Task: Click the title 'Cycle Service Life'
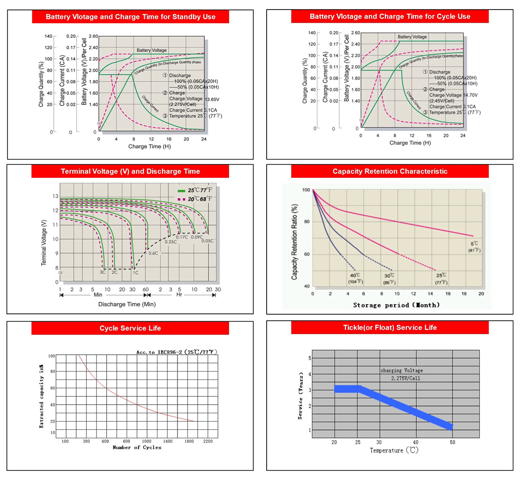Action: tap(130, 328)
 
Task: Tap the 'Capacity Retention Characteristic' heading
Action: tap(390, 171)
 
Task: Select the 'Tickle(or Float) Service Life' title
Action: tap(390, 327)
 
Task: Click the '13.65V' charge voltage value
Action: tap(212, 99)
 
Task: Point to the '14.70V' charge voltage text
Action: tap(470, 95)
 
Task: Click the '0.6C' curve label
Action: tap(153, 253)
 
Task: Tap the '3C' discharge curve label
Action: tap(103, 272)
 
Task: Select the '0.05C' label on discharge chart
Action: tap(207, 241)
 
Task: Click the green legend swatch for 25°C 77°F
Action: tap(181, 191)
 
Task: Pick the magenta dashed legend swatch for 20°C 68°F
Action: tap(181, 199)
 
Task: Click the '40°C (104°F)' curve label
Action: tap(355, 279)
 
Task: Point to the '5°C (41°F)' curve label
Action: tap(474, 247)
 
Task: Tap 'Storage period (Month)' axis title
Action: tap(396, 305)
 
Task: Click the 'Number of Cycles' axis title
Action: tap(137, 447)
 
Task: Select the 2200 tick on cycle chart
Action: tap(208, 441)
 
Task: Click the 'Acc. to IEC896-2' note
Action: tap(177, 352)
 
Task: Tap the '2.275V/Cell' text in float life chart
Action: tap(405, 379)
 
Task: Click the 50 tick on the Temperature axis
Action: tap(452, 442)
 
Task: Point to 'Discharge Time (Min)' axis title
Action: tap(127, 304)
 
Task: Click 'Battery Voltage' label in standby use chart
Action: tap(151, 50)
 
